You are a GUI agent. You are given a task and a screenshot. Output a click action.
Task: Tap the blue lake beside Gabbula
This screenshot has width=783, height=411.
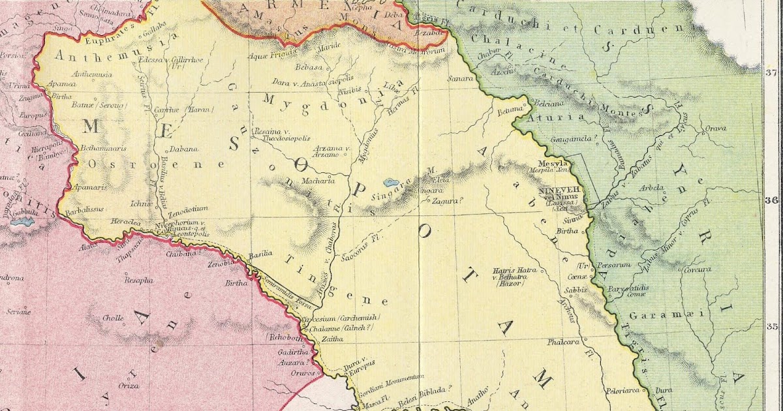[22, 222]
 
